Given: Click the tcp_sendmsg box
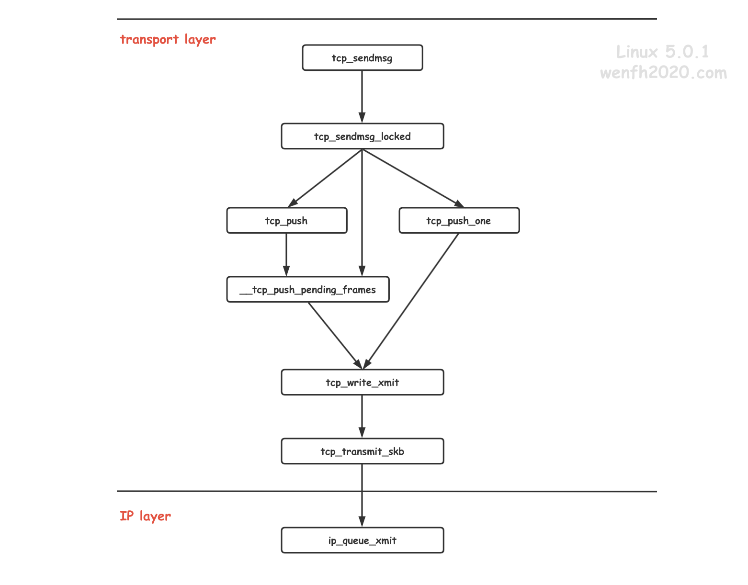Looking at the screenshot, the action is point(362,57).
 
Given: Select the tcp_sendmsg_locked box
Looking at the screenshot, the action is point(362,136).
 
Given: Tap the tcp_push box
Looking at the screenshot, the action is point(286,220).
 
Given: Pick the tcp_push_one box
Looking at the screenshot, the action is point(459,220).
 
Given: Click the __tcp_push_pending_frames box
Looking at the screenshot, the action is point(308,289).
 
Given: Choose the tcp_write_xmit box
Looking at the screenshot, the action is point(362,382).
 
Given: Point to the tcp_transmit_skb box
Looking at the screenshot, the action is point(362,451).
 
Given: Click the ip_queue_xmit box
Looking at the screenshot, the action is point(362,540).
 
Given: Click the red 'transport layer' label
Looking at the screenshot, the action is point(168,40).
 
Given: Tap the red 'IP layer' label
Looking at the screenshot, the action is point(145,516).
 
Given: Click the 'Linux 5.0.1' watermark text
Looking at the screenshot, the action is point(662,52).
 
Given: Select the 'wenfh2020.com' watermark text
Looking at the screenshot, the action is point(663,73).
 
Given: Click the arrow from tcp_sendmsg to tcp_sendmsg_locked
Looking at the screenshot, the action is point(362,97).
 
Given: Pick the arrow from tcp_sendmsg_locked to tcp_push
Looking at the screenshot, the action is point(325,178).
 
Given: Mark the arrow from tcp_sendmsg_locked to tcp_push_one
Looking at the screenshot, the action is point(413,178).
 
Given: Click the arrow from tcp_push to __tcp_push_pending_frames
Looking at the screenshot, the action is point(286,255).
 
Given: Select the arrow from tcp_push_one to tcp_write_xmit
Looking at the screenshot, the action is point(411,301).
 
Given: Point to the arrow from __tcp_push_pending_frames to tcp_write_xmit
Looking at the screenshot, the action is point(335,336).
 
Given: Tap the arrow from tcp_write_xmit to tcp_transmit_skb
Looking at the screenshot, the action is point(362,416).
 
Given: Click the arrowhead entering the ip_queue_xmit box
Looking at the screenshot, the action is point(362,521).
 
